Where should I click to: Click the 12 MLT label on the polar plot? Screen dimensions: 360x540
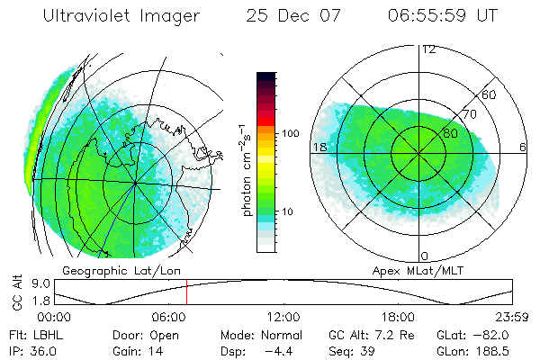pos(428,49)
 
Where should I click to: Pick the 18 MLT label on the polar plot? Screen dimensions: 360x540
pos(319,146)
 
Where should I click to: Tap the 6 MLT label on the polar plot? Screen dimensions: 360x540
pos(523,147)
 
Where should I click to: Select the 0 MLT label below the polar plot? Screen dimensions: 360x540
pos(425,256)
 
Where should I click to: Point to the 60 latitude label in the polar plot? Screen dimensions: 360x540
pos(490,94)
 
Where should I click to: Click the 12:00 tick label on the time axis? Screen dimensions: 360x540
pos(283,316)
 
